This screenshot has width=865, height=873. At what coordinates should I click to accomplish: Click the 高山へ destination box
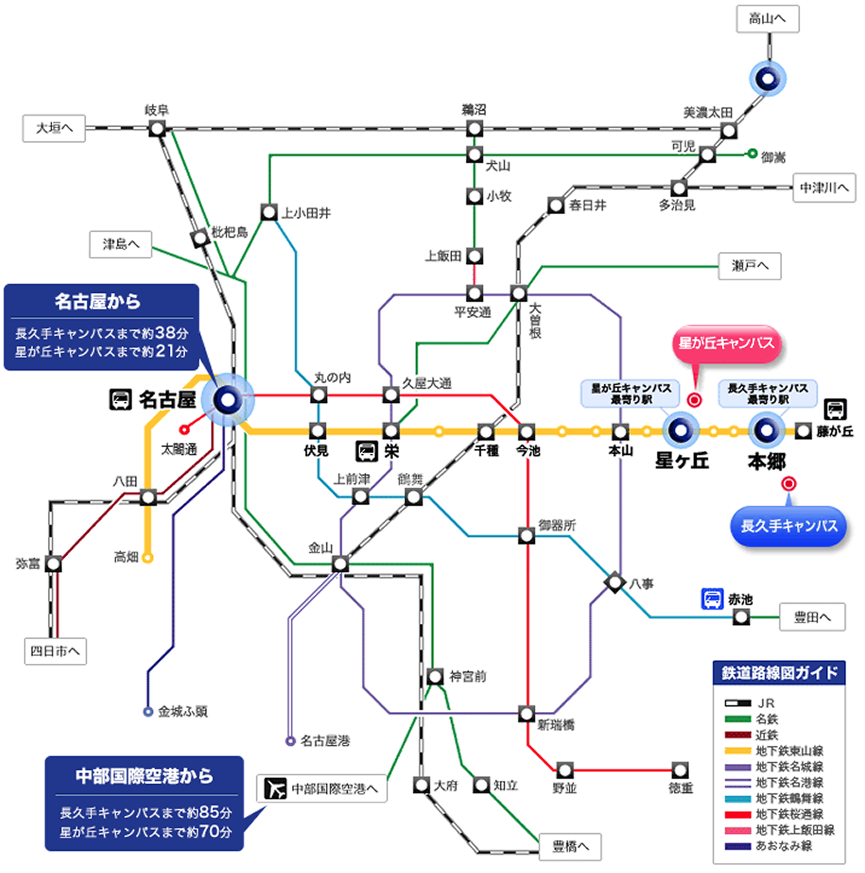tap(767, 19)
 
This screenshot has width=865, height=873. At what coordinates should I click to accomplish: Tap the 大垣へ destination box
tap(54, 128)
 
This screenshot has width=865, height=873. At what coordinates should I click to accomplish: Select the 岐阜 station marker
tap(157, 128)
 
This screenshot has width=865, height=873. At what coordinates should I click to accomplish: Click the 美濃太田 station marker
tap(728, 130)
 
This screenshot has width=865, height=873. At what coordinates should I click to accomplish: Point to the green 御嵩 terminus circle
tap(752, 153)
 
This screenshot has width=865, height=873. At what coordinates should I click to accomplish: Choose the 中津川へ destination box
tap(823, 188)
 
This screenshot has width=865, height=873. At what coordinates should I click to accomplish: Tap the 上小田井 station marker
tap(269, 212)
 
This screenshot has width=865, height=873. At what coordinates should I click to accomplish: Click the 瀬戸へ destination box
tap(749, 266)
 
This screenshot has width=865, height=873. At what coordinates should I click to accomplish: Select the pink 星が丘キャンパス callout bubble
tap(726, 344)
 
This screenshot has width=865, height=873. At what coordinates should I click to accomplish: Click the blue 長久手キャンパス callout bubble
tap(789, 526)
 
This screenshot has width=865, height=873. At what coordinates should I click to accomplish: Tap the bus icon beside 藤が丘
tap(835, 409)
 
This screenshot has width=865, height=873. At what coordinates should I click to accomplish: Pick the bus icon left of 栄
tap(367, 451)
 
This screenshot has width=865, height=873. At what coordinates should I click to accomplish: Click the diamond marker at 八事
tap(615, 583)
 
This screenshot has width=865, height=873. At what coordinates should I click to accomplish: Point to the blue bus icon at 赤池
tap(712, 599)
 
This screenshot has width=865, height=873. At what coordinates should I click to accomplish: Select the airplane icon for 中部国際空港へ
tap(275, 788)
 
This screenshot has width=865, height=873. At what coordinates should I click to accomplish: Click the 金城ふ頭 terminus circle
tap(148, 712)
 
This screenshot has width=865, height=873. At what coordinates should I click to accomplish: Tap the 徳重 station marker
tap(680, 770)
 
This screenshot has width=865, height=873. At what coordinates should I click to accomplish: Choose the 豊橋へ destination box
tap(570, 846)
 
